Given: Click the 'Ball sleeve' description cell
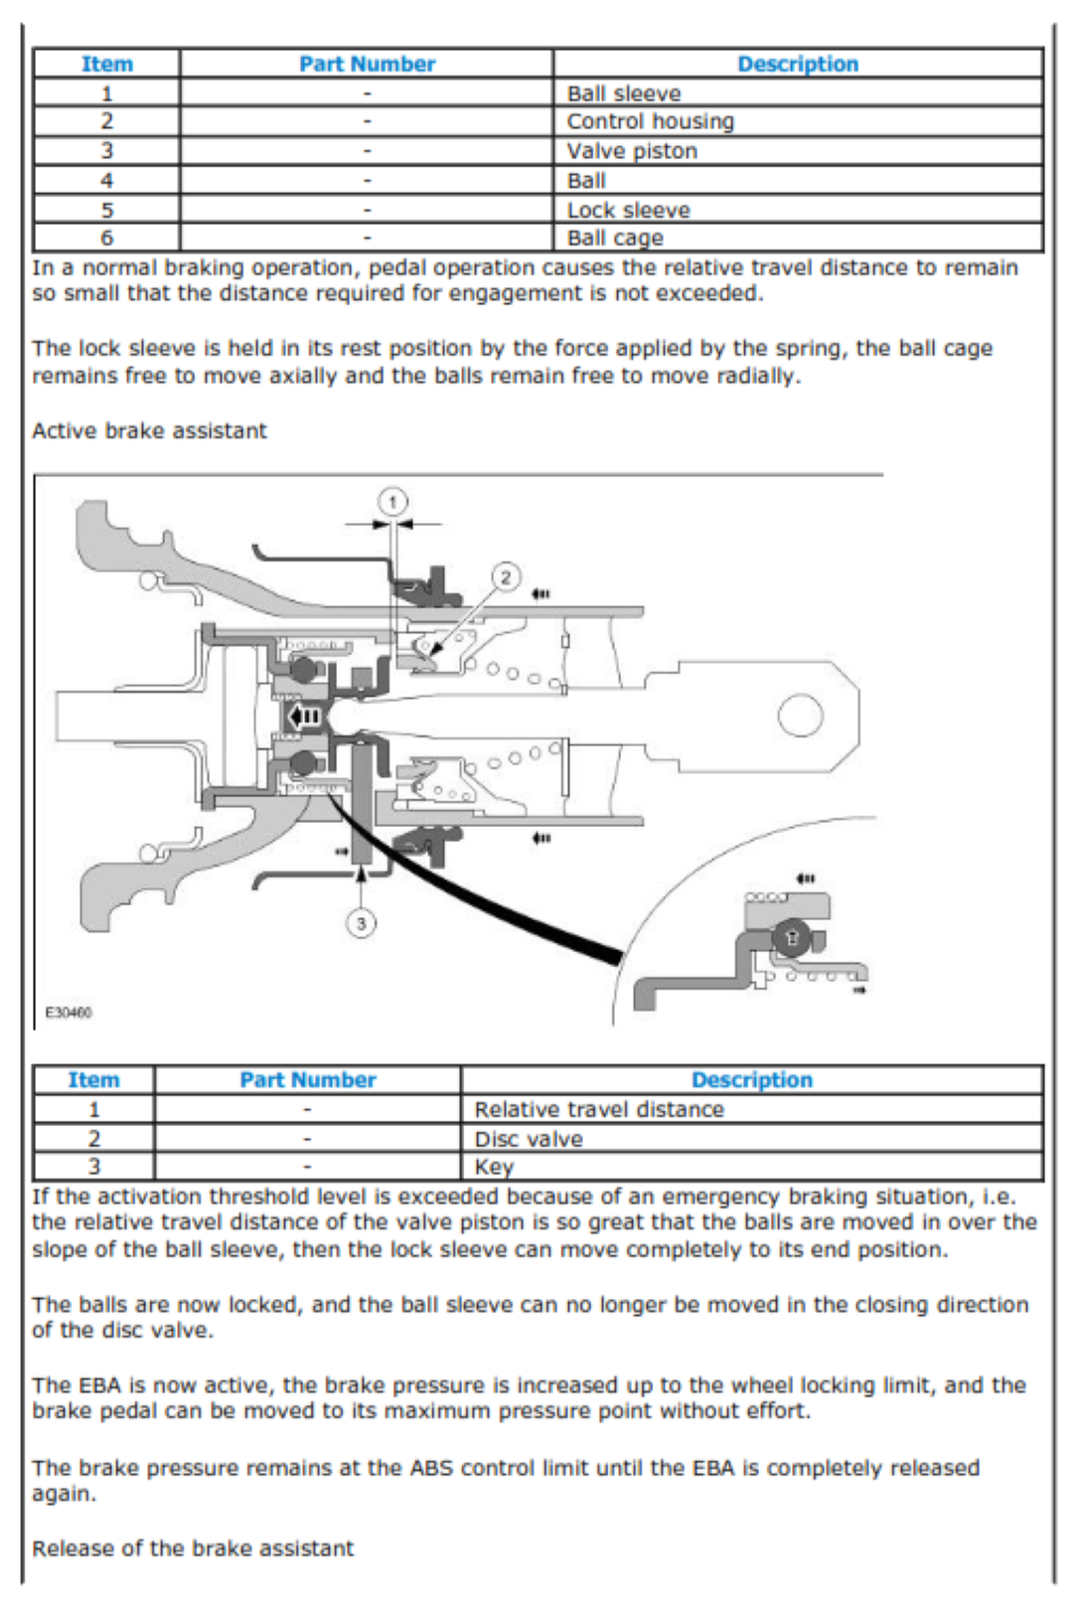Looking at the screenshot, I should [x=624, y=93].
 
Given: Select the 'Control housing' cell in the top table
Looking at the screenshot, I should [x=650, y=121].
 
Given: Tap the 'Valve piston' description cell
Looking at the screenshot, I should [x=632, y=151].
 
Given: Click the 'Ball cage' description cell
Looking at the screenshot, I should [x=615, y=239].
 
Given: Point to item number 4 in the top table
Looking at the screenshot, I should [x=106, y=181].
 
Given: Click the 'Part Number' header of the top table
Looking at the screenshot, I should [x=367, y=65].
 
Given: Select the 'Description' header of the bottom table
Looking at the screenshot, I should [x=751, y=1080].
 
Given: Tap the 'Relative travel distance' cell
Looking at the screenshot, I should [x=599, y=1110].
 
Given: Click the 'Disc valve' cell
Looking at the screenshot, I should [x=529, y=1139].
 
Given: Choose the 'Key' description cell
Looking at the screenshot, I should [x=494, y=1167].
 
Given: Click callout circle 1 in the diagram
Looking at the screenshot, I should [x=392, y=502].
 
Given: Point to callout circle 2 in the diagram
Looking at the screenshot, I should [x=506, y=577].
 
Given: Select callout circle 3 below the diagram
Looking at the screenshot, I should [x=361, y=923].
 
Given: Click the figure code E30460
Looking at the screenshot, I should [x=69, y=1013].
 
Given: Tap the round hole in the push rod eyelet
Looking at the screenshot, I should [x=801, y=716].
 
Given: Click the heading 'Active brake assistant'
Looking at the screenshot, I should [x=149, y=431].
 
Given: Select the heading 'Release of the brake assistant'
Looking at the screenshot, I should [x=193, y=1548].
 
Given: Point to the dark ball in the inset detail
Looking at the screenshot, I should [x=792, y=937].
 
